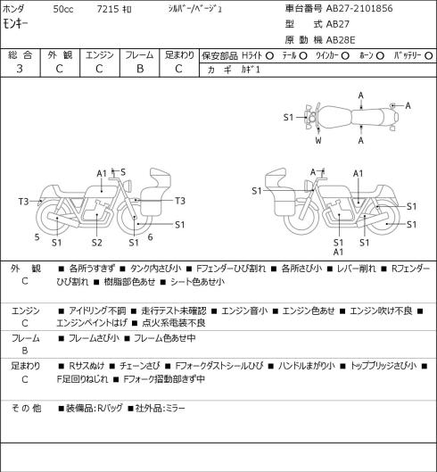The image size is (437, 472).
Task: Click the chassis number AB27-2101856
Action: coord(359,8)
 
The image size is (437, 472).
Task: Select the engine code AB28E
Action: coord(341,40)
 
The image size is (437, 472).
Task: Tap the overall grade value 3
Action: coord(20,69)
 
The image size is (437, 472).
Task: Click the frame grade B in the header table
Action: coord(140,69)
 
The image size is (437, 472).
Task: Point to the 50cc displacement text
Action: coord(63,9)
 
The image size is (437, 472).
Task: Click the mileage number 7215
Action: coord(108,9)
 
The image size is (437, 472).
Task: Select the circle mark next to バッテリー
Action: coord(429,55)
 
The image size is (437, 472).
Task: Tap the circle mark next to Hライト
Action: coord(269,55)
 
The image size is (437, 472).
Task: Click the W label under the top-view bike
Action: coord(318,140)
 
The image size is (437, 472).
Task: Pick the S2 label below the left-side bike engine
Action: coord(97,243)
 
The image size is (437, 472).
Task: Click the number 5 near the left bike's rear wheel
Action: coord(37,237)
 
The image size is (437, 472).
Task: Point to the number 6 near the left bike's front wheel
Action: coord(150,237)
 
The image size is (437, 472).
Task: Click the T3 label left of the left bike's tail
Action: coord(23,201)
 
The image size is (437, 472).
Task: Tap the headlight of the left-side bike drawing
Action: coord(128,185)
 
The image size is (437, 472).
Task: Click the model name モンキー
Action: coord(15,24)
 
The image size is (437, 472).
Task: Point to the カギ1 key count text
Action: coord(251,70)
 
